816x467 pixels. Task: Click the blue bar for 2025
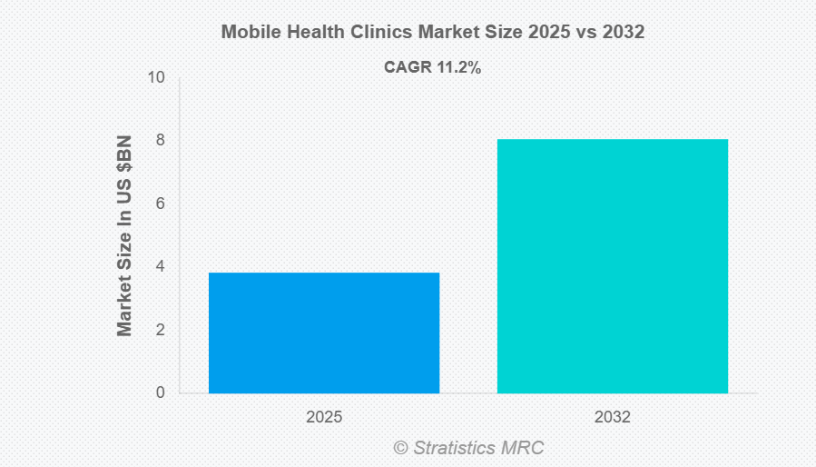coord(324,333)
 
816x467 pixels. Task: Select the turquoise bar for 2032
coord(612,265)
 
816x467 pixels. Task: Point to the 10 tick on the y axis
coord(157,77)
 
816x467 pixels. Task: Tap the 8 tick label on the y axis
coord(160,141)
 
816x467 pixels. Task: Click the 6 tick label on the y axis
coord(160,204)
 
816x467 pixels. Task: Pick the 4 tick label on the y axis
coord(160,267)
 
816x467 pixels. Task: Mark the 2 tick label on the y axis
coord(160,330)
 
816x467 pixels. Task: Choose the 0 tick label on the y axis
coord(160,393)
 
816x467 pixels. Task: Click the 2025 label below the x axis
coord(324,418)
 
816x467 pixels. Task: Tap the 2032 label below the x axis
coord(612,418)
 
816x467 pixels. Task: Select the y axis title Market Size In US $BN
coord(124,235)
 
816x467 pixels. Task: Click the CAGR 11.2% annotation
coord(432,66)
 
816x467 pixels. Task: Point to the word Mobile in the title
coord(250,32)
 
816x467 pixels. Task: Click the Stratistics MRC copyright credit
coord(468,447)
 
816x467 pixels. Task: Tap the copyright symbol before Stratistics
coord(400,447)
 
